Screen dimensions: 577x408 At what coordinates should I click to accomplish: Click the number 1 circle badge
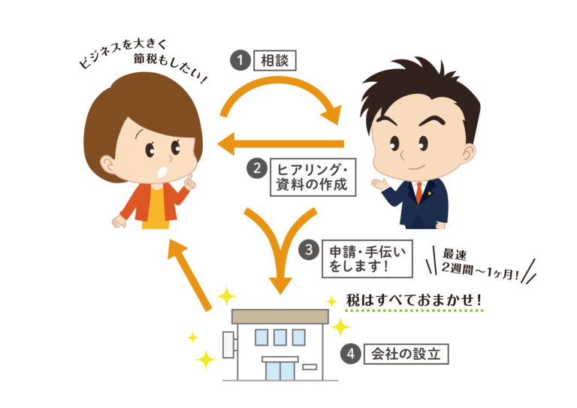[x=240, y=60]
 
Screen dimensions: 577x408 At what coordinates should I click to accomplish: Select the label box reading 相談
[x=275, y=60]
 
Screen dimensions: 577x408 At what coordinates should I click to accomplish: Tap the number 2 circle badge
[x=256, y=169]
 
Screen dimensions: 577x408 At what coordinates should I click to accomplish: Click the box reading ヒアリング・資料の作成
[x=313, y=177]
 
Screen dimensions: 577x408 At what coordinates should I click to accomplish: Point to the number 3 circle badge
[x=308, y=249]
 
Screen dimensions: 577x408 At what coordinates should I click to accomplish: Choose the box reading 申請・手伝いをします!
[x=367, y=258]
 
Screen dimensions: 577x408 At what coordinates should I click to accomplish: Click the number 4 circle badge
[x=350, y=354]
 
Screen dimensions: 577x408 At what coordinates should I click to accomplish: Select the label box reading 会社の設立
[x=406, y=354]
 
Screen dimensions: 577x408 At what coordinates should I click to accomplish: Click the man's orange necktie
[x=419, y=192]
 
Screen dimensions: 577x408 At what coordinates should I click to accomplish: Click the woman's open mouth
[x=162, y=171]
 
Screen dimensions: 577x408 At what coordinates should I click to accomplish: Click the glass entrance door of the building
[x=280, y=371]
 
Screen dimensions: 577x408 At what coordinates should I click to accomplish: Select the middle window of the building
[x=280, y=337]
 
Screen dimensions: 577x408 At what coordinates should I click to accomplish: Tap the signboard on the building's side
[x=228, y=345]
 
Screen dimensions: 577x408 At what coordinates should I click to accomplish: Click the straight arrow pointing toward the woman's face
[x=280, y=144]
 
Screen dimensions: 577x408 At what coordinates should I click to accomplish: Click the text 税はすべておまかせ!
[x=414, y=301]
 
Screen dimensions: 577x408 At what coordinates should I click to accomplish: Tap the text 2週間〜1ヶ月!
[x=480, y=271]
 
